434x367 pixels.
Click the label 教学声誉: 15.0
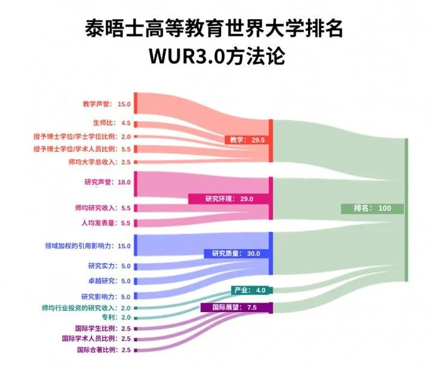pyautogui.click(x=107, y=104)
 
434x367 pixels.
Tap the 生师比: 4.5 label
pyautogui.click(x=112, y=123)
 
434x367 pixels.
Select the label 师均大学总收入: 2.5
pyautogui.click(x=99, y=162)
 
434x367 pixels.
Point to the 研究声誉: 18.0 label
pyautogui.click(x=107, y=182)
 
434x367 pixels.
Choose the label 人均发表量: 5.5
pyautogui.click(x=105, y=223)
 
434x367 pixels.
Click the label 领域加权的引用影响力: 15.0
pyautogui.click(x=88, y=246)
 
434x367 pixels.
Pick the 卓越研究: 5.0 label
pyautogui.click(x=109, y=281)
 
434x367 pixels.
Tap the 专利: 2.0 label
pyautogui.click(x=116, y=317)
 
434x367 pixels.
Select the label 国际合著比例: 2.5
pyautogui.click(x=104, y=350)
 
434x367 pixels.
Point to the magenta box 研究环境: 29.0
pyautogui.click(x=229, y=199)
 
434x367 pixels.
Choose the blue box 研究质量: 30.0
pyautogui.click(x=236, y=254)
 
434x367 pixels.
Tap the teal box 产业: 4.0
pyautogui.click(x=250, y=290)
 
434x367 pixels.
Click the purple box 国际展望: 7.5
pyautogui.click(x=234, y=307)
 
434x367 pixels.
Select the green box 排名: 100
pyautogui.click(x=373, y=209)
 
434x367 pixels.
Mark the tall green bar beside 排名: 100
pyautogui.click(x=406, y=210)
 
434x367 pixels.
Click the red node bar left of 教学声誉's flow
pyautogui.click(x=136, y=103)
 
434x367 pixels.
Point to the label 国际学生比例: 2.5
pyautogui.click(x=103, y=328)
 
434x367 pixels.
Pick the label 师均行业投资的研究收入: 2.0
pyautogui.click(x=86, y=308)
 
